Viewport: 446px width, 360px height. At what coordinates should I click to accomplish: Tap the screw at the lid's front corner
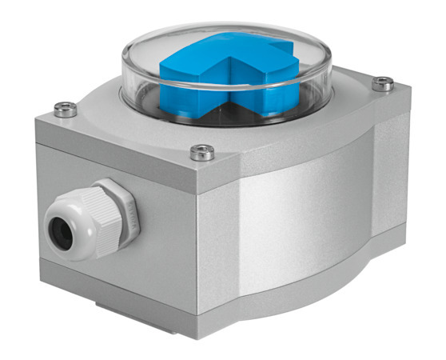pos(202,151)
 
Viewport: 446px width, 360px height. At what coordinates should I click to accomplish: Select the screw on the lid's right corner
pos(384,82)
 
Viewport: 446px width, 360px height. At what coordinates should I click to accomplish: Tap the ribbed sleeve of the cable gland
pos(92,220)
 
